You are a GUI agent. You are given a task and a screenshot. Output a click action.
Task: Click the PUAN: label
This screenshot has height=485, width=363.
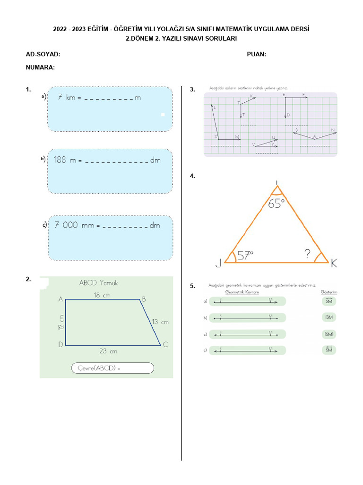click(256, 54)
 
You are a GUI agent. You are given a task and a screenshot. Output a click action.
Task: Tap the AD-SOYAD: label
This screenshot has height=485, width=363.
click(43, 54)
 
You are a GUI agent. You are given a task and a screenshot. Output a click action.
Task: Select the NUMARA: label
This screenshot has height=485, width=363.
click(41, 67)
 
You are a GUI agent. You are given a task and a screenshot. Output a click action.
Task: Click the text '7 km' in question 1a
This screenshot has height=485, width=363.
click(67, 98)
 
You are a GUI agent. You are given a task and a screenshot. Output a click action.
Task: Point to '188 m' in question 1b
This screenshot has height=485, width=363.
click(65, 160)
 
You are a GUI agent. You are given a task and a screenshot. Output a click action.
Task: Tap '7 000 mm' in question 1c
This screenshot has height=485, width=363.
click(75, 225)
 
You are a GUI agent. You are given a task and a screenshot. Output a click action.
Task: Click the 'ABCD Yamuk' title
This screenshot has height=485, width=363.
click(98, 283)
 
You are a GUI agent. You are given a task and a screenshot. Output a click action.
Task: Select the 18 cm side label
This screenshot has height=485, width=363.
click(102, 295)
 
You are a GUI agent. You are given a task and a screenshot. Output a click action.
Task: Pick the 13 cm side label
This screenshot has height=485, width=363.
click(160, 322)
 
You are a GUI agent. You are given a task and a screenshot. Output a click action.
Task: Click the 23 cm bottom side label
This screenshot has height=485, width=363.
click(108, 351)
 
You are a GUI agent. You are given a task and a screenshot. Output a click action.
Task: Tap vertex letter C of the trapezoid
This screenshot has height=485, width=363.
click(165, 345)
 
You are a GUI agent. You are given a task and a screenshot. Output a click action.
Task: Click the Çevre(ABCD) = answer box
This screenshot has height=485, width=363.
click(112, 368)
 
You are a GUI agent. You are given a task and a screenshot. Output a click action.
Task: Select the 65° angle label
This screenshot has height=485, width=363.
click(277, 204)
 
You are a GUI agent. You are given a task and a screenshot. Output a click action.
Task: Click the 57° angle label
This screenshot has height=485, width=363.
click(245, 255)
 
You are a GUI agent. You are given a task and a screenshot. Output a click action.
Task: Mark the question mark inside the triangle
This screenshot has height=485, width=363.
click(308, 254)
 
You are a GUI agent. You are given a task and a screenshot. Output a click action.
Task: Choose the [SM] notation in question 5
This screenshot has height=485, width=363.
click(329, 334)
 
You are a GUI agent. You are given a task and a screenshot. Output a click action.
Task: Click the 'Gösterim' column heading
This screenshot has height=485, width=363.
click(329, 292)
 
